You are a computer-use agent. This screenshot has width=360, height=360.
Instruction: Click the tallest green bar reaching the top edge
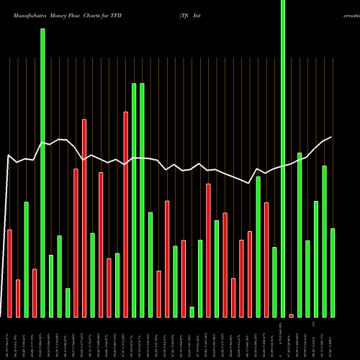pos(283,158)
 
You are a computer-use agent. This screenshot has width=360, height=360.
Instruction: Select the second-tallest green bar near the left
pos(42,173)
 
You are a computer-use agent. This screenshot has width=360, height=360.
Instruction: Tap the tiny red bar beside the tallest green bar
pos(292,315)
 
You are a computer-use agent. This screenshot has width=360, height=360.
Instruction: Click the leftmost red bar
pos(9,273)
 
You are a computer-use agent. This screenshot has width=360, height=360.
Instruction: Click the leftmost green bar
pos(26,259)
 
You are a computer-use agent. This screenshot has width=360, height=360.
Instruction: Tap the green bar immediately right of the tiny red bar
pos(300,235)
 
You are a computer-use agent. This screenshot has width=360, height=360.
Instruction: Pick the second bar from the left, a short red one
pos(18,298)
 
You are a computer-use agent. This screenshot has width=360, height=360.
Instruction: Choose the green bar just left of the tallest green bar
pos(274,282)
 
